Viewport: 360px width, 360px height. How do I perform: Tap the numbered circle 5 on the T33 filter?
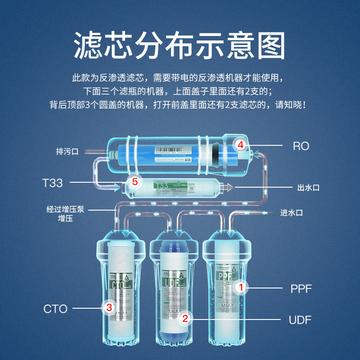pos(134,182)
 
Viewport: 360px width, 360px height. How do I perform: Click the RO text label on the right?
pos(301,146)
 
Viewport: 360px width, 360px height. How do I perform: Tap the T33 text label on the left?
pos(52,183)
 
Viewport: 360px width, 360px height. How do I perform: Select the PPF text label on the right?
pos(301,288)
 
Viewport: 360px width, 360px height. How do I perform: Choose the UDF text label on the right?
pos(300,320)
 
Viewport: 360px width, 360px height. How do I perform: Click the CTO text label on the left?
pos(55,309)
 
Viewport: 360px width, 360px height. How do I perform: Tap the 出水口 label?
pos(308,188)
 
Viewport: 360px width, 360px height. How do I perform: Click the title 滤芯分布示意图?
pos(180,45)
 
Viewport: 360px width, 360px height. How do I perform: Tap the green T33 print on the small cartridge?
pos(161,185)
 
